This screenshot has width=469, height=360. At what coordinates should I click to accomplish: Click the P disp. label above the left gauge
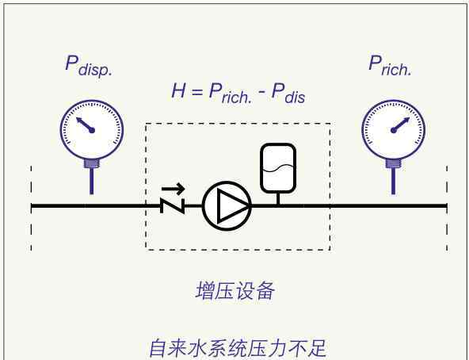pyautogui.click(x=89, y=67)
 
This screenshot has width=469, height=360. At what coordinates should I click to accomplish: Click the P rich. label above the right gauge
pyautogui.click(x=390, y=65)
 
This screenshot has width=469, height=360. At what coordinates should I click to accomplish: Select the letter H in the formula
pyautogui.click(x=178, y=90)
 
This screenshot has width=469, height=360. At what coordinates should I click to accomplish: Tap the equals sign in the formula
pyautogui.click(x=197, y=91)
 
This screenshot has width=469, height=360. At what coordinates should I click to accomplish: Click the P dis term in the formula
pyautogui.click(x=288, y=94)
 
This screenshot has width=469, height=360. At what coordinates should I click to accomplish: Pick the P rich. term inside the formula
pyautogui.click(x=231, y=94)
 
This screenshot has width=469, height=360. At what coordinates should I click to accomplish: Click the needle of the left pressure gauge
pyautogui.click(x=86, y=125)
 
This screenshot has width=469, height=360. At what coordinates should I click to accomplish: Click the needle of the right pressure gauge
pyautogui.click(x=400, y=125)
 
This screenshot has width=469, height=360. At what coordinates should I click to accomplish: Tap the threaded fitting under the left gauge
pyautogui.click(x=92, y=163)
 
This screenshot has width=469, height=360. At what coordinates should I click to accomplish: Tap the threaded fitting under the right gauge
pyautogui.click(x=393, y=163)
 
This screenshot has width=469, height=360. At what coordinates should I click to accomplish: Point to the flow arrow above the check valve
pyautogui.click(x=173, y=189)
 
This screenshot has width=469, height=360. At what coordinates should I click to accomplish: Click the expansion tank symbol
pyautogui.click(x=278, y=168)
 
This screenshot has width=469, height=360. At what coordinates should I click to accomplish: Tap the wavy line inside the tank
pyautogui.click(x=278, y=169)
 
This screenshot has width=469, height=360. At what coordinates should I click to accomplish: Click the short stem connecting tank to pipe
pyautogui.click(x=278, y=198)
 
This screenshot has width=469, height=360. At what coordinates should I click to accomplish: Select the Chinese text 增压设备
pyautogui.click(x=235, y=290)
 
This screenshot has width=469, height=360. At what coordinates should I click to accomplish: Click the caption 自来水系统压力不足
pyautogui.click(x=238, y=348)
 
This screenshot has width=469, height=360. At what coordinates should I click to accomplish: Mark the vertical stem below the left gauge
pyautogui.click(x=92, y=181)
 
